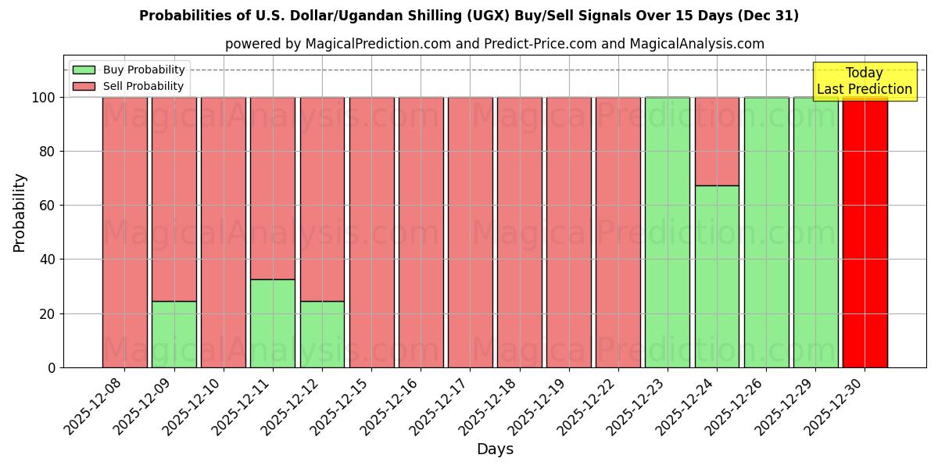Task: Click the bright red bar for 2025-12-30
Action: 865,234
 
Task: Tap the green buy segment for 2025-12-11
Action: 273,324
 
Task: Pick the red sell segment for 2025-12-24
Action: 717,141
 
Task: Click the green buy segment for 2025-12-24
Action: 717,277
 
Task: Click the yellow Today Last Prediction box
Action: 864,81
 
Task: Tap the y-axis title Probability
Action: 20,213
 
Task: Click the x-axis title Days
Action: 495,449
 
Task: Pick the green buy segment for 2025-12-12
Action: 322,335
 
